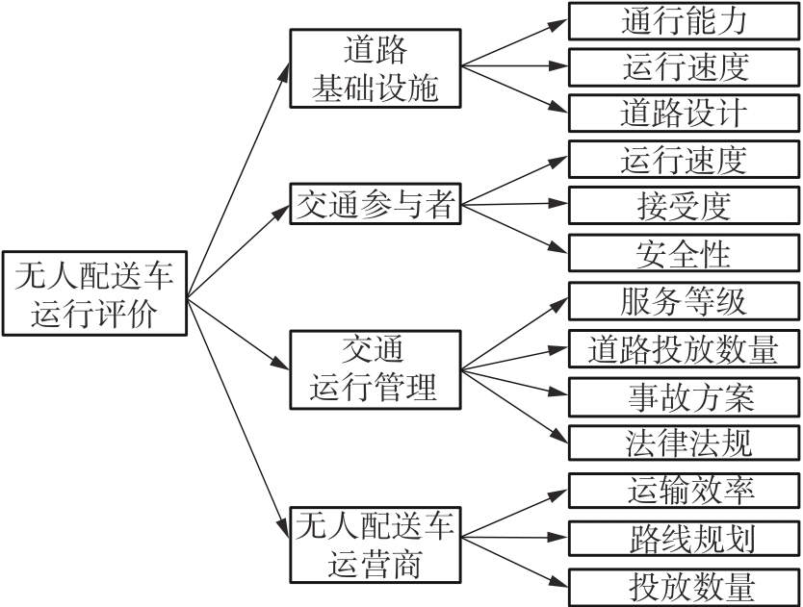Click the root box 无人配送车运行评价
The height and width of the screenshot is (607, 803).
[x=94, y=294]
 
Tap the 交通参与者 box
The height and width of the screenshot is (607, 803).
[x=376, y=204]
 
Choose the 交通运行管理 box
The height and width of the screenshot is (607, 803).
[x=376, y=369]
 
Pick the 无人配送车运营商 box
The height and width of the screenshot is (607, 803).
[x=376, y=544]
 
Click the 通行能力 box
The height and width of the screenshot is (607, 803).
[x=685, y=20]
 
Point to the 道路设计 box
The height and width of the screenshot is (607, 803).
[x=685, y=113]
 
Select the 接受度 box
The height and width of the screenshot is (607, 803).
[x=685, y=206]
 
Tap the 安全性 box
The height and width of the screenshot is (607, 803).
[x=685, y=253]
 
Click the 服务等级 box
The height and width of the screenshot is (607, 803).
[x=685, y=301]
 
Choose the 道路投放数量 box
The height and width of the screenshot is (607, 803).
[x=685, y=348]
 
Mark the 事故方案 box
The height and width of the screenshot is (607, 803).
[x=685, y=395]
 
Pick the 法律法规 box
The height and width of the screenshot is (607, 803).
[x=685, y=443]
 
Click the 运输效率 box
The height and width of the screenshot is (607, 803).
[x=685, y=491]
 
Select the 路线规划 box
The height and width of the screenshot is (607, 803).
[x=685, y=538]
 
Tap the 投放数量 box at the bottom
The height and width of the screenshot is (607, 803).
[x=685, y=586]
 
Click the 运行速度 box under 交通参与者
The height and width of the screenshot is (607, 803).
[x=685, y=160]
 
